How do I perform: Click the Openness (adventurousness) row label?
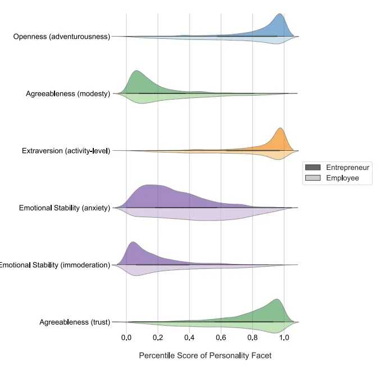62,37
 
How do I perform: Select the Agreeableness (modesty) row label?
68,93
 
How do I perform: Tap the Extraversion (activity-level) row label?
66,151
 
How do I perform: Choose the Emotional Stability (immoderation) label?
55,265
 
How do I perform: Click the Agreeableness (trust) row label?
75,322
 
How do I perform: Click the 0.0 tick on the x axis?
126,338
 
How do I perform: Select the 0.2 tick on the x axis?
158,338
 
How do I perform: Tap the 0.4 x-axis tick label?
189,338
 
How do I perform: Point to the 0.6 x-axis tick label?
221,338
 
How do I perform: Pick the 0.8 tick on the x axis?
252,338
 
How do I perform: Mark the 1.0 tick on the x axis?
284,338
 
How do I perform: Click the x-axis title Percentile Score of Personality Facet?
205,356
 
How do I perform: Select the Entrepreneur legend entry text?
347,168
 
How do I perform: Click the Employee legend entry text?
342,178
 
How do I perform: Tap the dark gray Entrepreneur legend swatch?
312,168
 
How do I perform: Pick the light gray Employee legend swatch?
312,178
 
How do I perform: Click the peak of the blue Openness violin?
279,14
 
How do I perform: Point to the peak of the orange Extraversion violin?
280,128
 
